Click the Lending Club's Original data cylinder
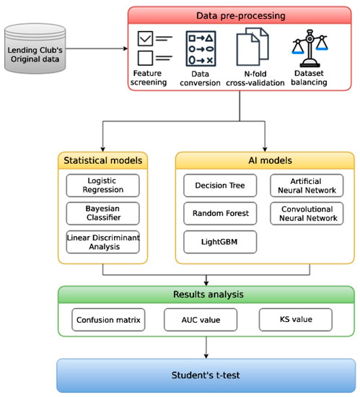click(x=35, y=48)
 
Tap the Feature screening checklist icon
click(x=155, y=48)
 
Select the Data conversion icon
click(x=201, y=48)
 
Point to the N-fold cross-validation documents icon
click(x=253, y=47)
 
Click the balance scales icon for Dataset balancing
click(x=309, y=48)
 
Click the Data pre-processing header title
click(x=241, y=16)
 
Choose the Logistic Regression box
click(x=102, y=186)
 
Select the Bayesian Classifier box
click(x=102, y=213)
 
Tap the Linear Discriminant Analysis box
click(x=102, y=242)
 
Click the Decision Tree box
click(x=220, y=186)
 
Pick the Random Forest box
click(x=220, y=213)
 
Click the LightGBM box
click(x=220, y=242)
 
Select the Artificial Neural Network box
click(x=307, y=186)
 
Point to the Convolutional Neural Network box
click(x=307, y=213)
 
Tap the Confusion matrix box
click(x=108, y=320)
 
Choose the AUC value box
click(x=201, y=320)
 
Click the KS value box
click(x=296, y=320)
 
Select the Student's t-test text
click(x=206, y=375)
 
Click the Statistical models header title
click(x=102, y=160)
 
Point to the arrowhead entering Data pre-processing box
click(x=126, y=48)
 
